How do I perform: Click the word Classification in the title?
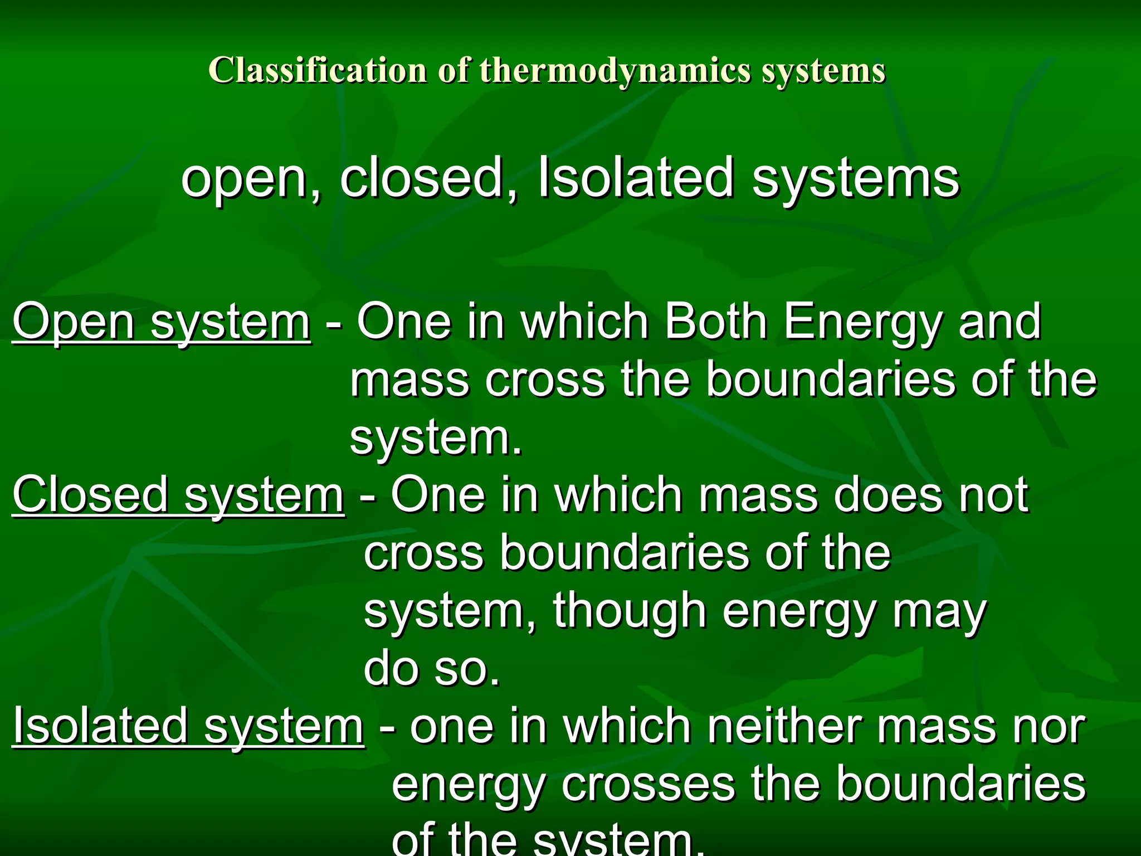coord(317,71)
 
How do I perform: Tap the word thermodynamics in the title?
coord(615,71)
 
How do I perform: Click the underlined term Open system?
coord(162,322)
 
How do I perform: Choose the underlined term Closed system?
coord(178,495)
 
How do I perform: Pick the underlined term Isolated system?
coord(188,726)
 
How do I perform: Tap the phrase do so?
coord(432,669)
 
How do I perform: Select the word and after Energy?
coord(999,322)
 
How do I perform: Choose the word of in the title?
coord(452,71)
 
